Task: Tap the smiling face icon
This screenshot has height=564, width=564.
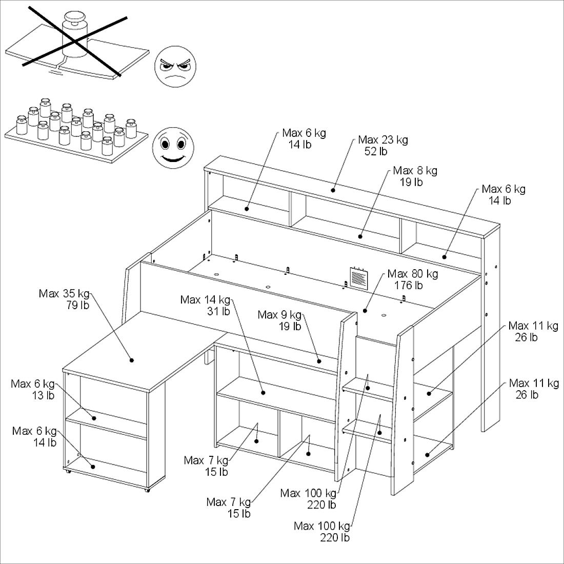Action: [x=173, y=147]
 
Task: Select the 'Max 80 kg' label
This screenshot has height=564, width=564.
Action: [x=413, y=274]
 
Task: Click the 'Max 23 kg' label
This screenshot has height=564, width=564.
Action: [x=383, y=139]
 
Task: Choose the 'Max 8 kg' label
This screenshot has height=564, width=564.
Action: [x=415, y=170]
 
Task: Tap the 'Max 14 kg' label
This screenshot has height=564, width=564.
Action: [x=205, y=299]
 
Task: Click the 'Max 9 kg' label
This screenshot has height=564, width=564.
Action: [x=279, y=314]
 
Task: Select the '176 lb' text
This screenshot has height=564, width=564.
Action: [x=409, y=286]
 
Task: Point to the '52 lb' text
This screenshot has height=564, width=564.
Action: [x=376, y=151]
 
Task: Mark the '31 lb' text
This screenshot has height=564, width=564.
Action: [x=218, y=311]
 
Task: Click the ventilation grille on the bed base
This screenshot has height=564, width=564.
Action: [x=358, y=277]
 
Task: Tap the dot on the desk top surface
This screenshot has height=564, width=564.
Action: [x=132, y=360]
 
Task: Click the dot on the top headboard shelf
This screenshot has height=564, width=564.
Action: [x=333, y=190]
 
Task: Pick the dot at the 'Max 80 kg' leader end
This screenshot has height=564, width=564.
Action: [x=365, y=310]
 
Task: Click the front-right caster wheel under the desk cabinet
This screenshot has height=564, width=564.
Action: [x=147, y=490]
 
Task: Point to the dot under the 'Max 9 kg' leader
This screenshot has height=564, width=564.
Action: [x=319, y=361]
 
